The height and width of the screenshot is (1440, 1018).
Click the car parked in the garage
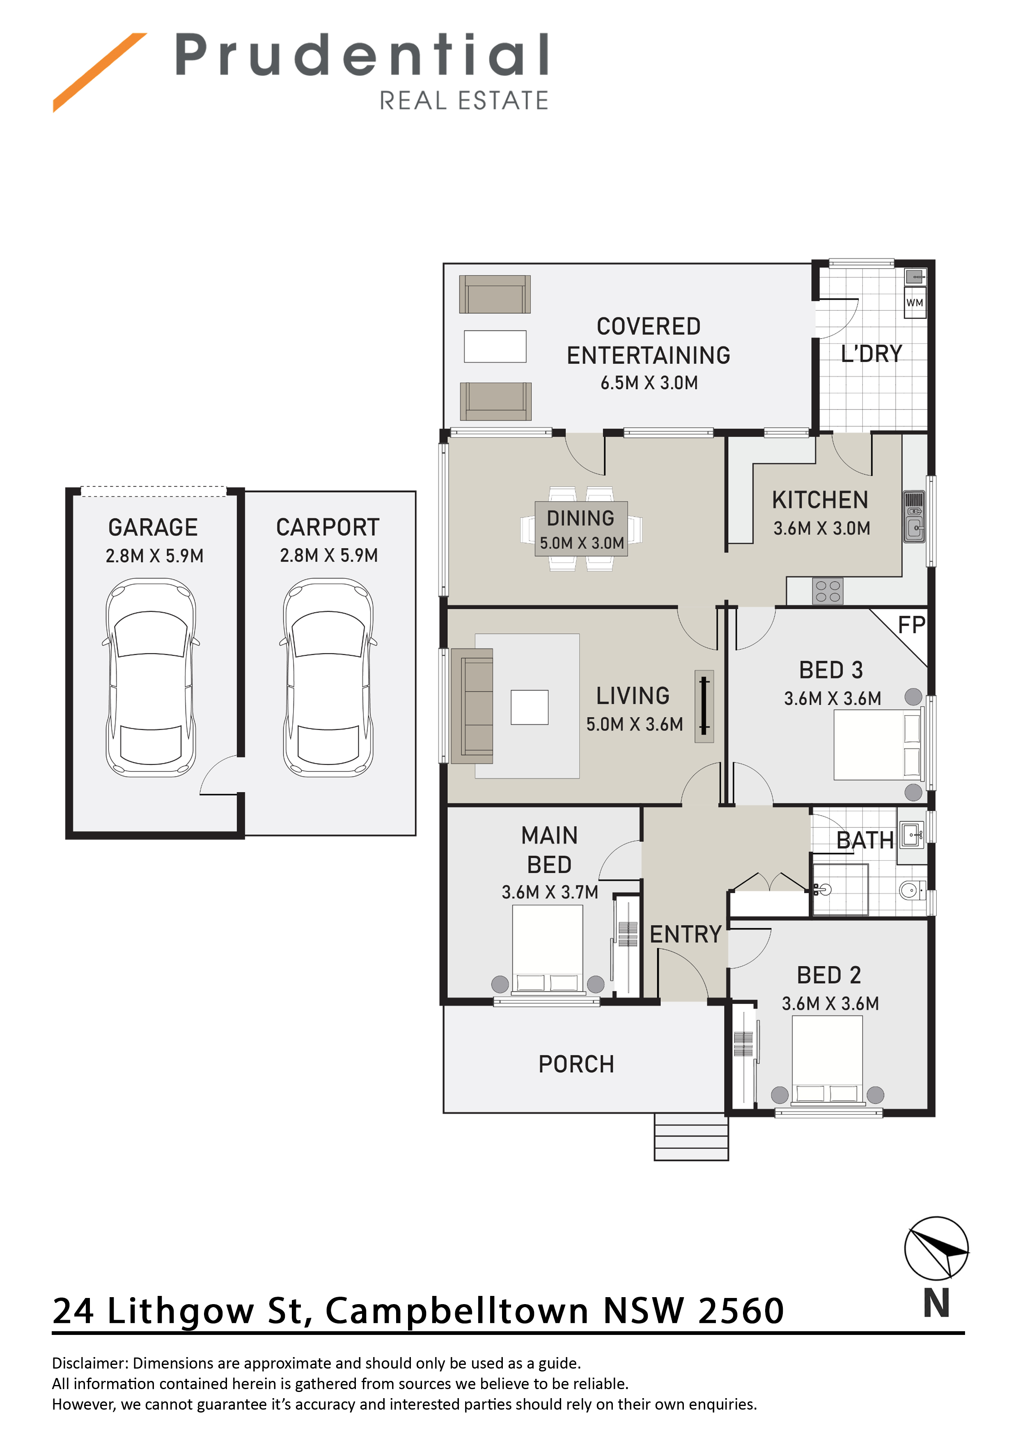click(x=151, y=677)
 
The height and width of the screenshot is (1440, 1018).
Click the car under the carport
click(x=328, y=677)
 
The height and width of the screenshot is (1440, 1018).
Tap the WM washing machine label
click(x=915, y=303)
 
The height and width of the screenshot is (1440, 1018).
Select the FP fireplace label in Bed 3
click(x=911, y=625)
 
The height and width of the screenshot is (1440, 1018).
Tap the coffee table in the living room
click(x=530, y=707)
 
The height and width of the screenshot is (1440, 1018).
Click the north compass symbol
click(x=936, y=1248)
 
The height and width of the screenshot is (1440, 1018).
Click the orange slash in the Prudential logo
click(x=100, y=72)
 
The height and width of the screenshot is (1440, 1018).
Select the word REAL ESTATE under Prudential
click(x=464, y=100)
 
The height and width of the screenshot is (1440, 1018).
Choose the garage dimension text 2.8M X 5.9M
click(x=154, y=556)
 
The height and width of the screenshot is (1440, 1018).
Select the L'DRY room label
click(x=871, y=354)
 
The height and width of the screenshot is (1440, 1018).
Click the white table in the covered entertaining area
click(x=495, y=346)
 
